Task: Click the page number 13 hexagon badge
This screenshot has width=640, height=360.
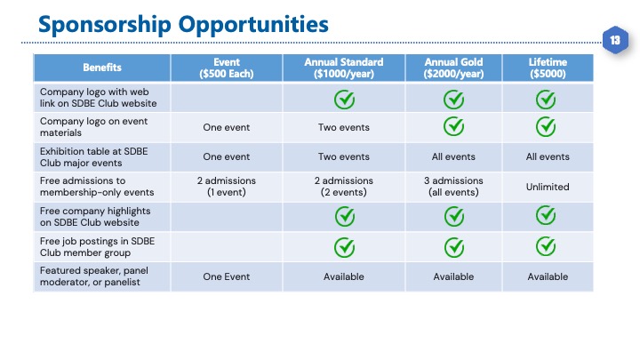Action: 615,40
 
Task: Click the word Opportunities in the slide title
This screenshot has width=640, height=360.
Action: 253,25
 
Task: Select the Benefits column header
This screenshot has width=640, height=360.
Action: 102,68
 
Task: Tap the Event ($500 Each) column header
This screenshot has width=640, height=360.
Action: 227,68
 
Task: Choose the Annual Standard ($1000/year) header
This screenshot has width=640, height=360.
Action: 344,68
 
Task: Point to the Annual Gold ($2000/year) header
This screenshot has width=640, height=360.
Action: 453,68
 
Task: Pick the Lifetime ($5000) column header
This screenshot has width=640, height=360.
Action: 548,68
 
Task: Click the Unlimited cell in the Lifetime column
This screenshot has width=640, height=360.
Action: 548,187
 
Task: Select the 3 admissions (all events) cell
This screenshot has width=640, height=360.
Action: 453,187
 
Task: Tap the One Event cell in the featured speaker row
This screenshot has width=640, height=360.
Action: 227,276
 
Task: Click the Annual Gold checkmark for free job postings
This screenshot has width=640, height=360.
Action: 454,247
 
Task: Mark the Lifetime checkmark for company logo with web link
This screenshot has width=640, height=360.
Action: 546,100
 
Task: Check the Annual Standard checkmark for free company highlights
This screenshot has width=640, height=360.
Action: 345,216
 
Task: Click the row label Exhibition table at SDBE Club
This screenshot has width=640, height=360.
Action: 94,157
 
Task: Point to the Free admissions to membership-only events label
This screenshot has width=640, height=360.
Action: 97,187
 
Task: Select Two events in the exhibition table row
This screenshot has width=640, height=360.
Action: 344,156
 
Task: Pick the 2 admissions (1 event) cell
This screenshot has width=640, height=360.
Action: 227,187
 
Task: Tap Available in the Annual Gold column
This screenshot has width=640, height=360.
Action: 453,276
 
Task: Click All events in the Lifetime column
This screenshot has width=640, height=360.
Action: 548,156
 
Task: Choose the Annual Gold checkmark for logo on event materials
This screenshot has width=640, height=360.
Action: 454,126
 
